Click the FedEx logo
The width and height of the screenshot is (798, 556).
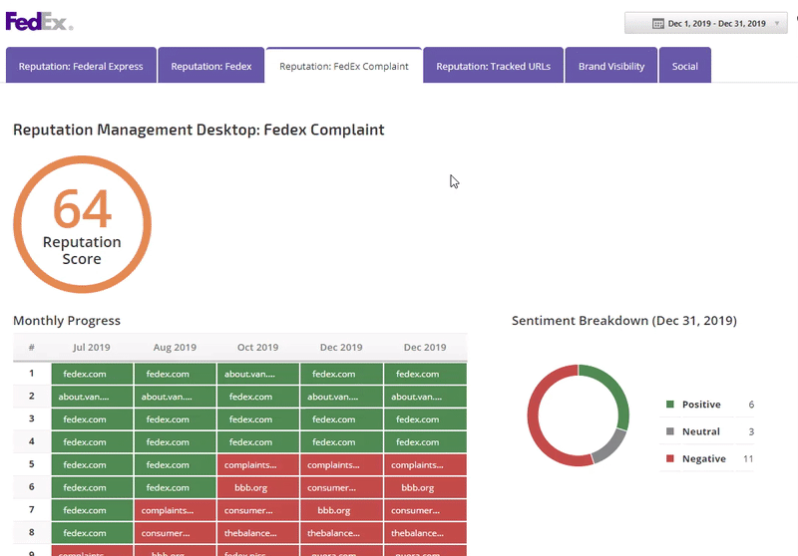(x=39, y=22)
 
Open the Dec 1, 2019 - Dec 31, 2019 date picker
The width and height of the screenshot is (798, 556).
(x=709, y=23)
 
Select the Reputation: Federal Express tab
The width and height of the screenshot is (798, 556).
(x=81, y=67)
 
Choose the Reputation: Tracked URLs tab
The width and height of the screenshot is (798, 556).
(x=493, y=67)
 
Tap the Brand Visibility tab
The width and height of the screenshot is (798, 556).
(x=611, y=67)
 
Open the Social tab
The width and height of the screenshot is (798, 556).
(x=684, y=67)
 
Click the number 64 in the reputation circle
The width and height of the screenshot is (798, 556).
(x=82, y=209)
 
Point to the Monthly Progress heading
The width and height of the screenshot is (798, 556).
(x=67, y=321)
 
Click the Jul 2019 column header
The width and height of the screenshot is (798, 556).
(x=92, y=348)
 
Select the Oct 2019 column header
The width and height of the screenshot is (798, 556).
(x=258, y=348)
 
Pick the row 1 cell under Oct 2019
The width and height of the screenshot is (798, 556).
(x=258, y=374)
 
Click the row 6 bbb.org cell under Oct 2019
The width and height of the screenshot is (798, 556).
(x=258, y=488)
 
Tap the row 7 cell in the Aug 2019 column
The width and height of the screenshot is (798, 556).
(x=175, y=511)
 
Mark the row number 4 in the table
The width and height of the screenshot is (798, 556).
(x=32, y=442)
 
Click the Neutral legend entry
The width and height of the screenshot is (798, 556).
(x=700, y=431)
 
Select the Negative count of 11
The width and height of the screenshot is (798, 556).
(x=748, y=458)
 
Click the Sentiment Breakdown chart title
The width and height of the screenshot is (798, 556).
(x=623, y=321)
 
